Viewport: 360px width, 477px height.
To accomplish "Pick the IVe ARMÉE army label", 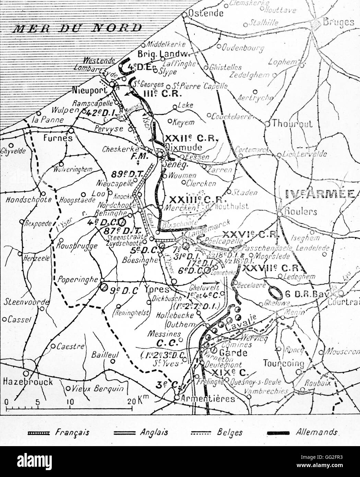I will click(x=320, y=194).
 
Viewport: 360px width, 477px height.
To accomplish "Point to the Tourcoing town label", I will click(x=284, y=363).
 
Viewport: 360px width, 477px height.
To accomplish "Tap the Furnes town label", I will click(x=58, y=138).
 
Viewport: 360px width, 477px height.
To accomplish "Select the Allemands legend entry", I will click(x=316, y=432).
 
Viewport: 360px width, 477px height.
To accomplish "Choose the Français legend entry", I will click(x=72, y=432).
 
